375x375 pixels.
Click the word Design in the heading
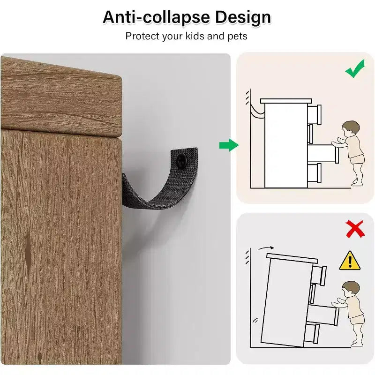(243, 18)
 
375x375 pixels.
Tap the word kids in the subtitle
(195, 36)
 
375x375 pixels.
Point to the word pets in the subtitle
(237, 37)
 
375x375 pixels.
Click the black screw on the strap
(181, 160)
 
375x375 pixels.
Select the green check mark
(355, 68)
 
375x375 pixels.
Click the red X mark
(355, 229)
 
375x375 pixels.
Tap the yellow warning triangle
(350, 261)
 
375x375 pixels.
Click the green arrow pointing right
(229, 145)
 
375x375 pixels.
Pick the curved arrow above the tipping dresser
(266, 248)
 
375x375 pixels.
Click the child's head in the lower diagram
(350, 289)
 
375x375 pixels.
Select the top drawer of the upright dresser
(314, 114)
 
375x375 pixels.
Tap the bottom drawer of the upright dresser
(314, 172)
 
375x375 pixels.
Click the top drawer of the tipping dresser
(319, 275)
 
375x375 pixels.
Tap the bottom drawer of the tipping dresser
(311, 333)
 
